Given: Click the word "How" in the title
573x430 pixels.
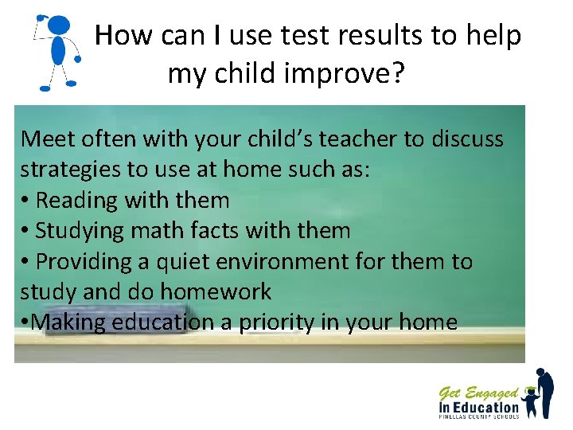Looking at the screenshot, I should click(x=123, y=36).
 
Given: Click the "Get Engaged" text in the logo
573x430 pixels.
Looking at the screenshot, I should click(x=478, y=393).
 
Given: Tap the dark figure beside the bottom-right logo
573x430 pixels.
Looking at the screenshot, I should click(x=544, y=392).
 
